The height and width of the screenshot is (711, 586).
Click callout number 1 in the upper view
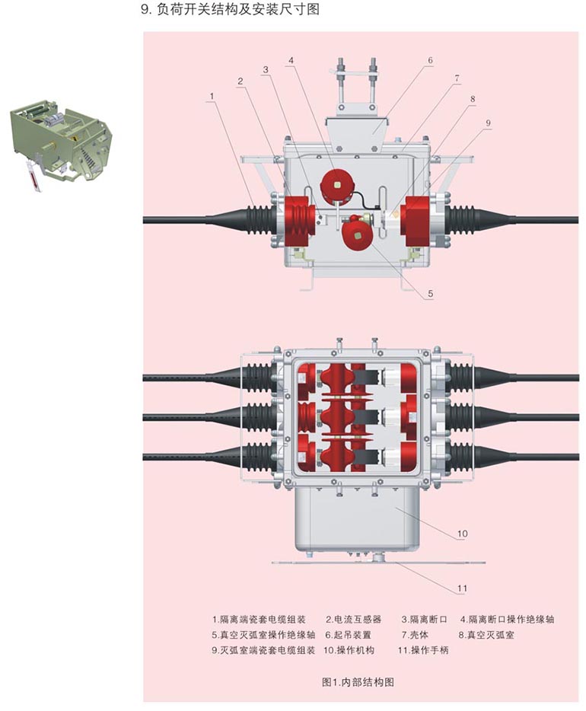click(212, 96)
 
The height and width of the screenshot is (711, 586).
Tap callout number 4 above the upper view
click(291, 60)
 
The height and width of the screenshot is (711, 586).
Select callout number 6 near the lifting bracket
click(430, 59)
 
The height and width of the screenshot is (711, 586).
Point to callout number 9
click(489, 123)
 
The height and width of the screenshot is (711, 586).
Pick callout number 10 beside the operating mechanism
click(462, 534)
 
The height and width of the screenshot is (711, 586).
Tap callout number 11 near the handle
click(462, 588)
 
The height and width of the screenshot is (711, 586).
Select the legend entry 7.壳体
click(416, 634)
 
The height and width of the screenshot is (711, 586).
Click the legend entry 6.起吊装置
click(348, 634)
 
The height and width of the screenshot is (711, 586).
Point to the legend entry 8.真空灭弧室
click(486, 634)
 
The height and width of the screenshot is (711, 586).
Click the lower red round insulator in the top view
click(355, 231)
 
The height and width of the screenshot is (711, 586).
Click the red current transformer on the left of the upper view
click(298, 220)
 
